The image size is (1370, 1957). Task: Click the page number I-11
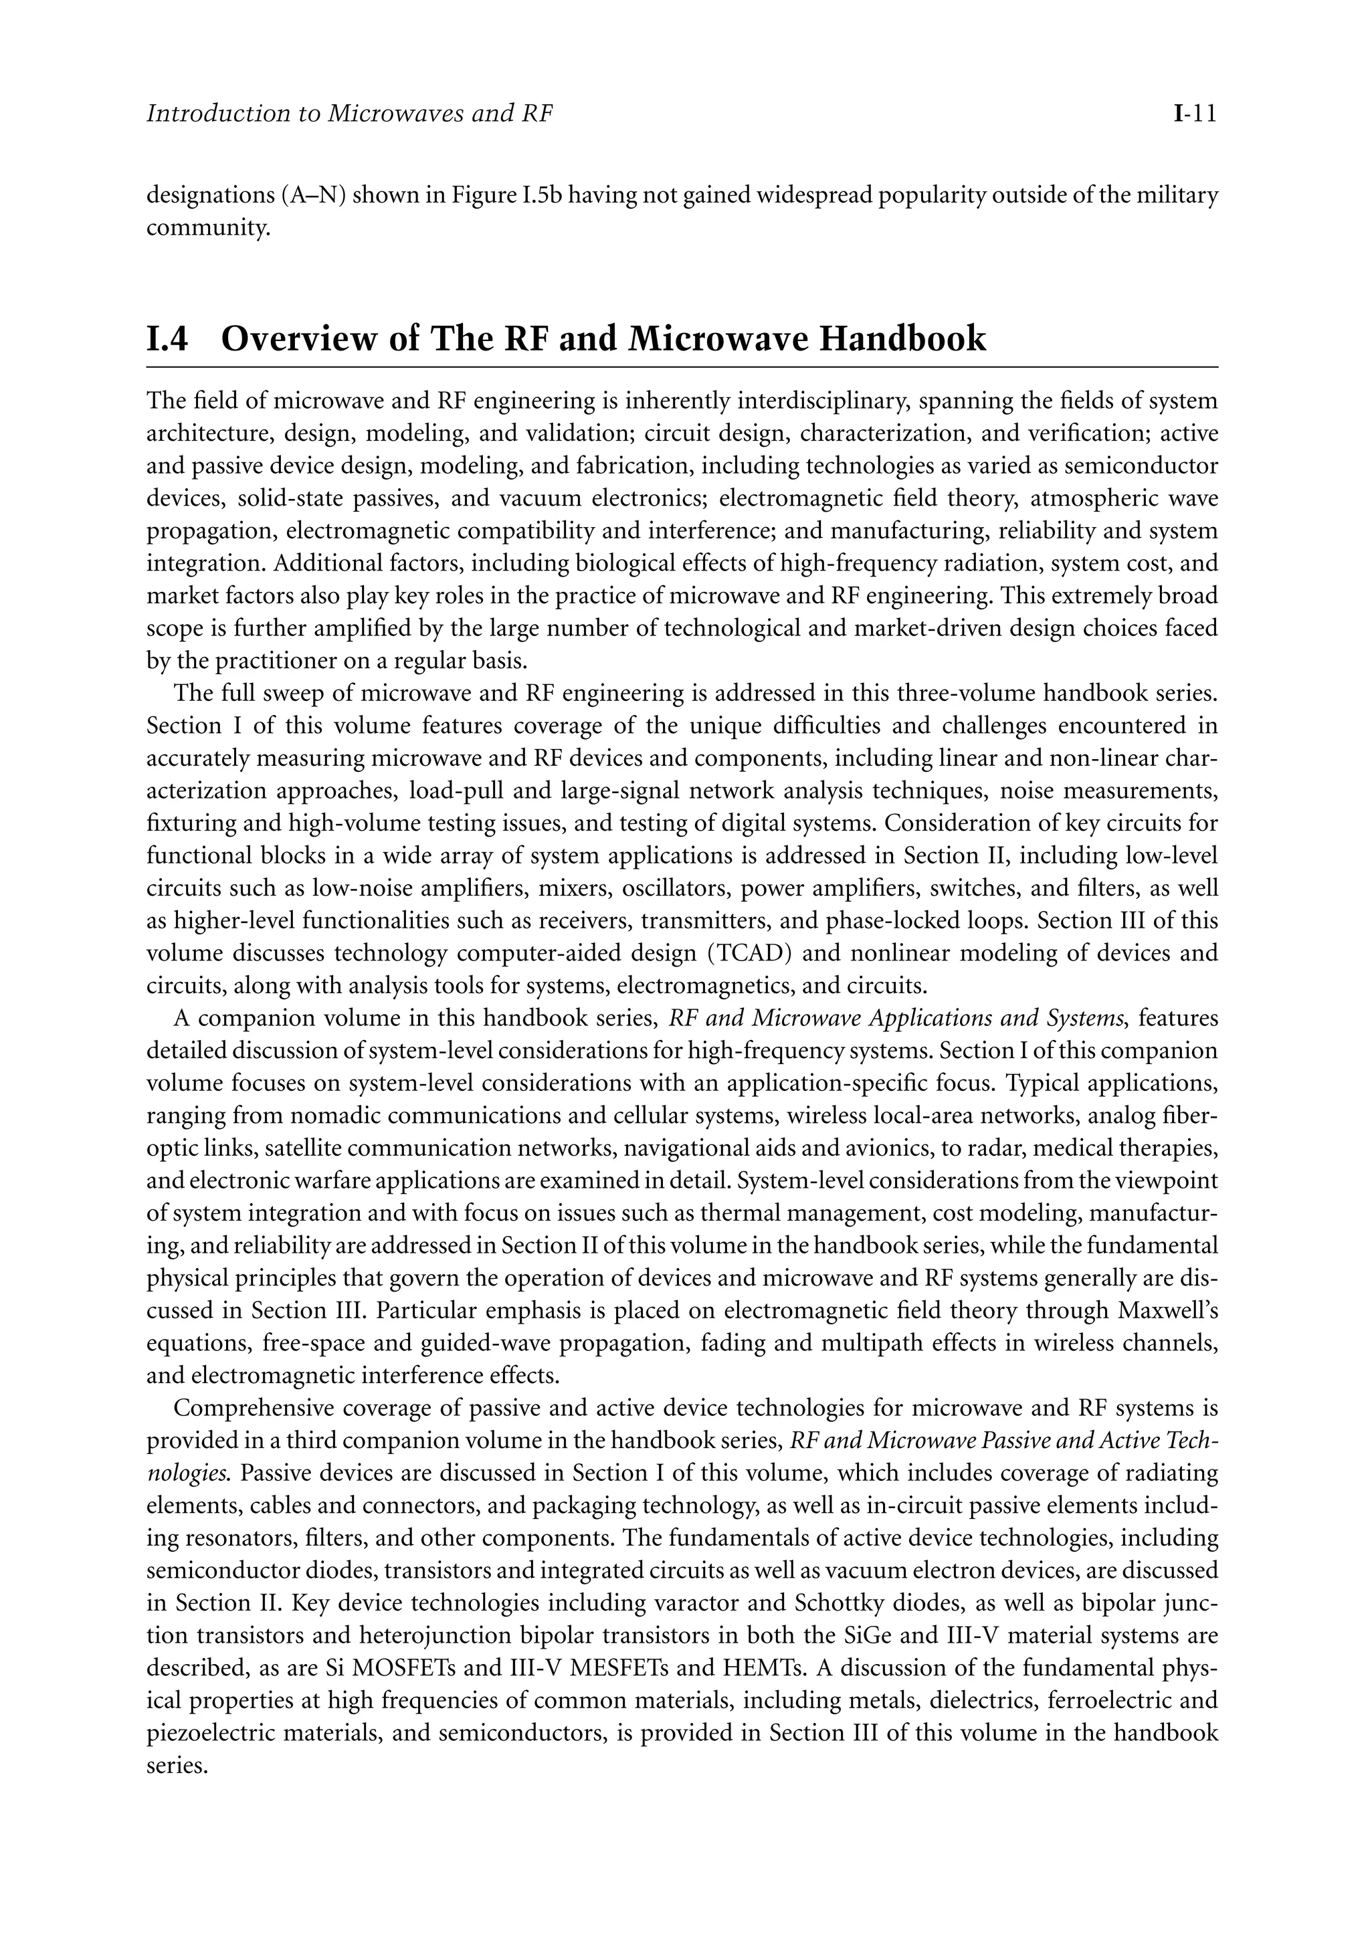tap(1193, 113)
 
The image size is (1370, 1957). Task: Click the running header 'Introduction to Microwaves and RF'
tap(350, 113)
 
